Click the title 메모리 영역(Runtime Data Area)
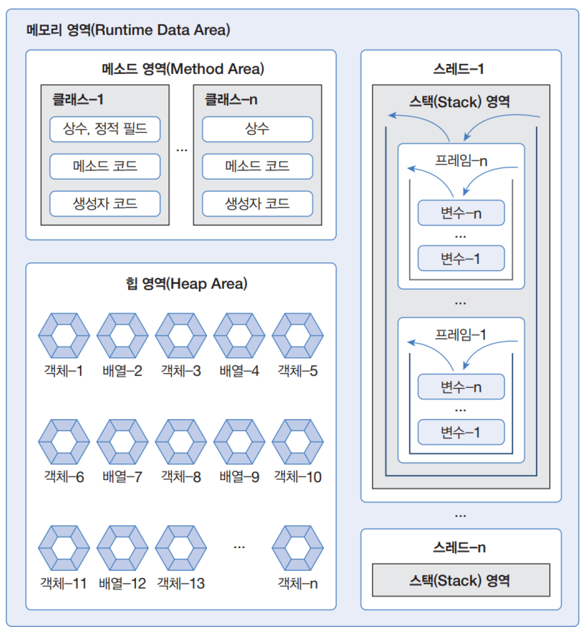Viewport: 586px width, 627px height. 128,30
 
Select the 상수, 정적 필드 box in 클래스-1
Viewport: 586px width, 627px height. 105,129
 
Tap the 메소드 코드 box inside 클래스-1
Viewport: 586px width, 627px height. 105,166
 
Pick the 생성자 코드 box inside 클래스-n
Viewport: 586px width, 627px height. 258,203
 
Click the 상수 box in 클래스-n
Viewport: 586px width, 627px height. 258,129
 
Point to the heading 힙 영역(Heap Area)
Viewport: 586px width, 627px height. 186,284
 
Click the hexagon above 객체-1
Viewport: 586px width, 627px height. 64,336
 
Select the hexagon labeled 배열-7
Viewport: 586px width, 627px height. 123,442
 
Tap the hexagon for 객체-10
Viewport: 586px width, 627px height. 298,442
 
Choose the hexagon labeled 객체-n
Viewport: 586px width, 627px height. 298,548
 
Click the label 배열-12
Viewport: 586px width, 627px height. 122,583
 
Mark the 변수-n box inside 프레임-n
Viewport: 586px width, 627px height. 461,213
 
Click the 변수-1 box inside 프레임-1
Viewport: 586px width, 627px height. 461,432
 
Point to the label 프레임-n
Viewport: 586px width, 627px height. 461,161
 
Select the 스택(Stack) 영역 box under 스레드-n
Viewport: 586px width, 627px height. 461,580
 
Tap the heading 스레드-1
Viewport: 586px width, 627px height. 458,69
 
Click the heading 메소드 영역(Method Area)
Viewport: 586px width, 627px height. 183,69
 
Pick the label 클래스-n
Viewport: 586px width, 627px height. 231,100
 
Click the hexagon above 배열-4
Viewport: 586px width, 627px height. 239,336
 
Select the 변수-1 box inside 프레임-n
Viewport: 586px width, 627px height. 461,258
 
